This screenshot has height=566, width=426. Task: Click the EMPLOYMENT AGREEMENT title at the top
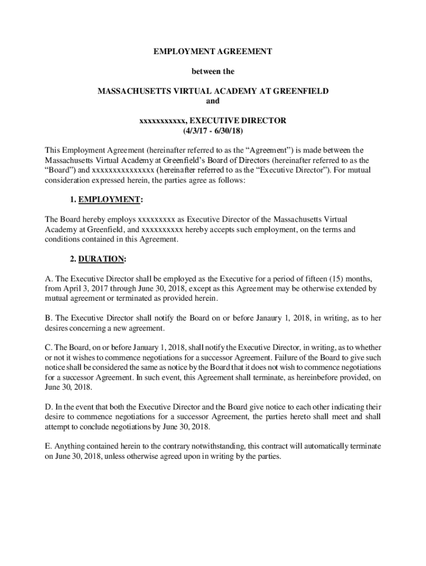pyautogui.click(x=213, y=51)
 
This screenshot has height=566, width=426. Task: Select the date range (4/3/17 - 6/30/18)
pyautogui.click(x=213, y=131)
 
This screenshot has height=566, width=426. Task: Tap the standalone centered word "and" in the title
pyautogui.click(x=213, y=101)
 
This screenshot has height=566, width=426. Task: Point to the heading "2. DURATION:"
pyautogui.click(x=102, y=259)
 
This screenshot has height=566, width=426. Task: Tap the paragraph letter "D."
pyautogui.click(x=49, y=408)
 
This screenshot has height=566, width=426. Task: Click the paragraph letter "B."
pyautogui.click(x=49, y=318)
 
